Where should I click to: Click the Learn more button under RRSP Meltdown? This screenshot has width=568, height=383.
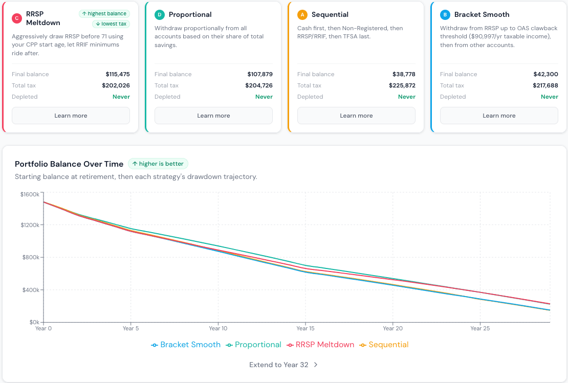tap(71, 116)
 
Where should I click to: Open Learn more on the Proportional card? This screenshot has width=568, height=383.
tap(213, 116)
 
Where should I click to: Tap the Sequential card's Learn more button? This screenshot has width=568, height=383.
tap(356, 116)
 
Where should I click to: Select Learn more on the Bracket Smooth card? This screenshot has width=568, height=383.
tap(499, 116)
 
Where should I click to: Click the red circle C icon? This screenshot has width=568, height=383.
tap(17, 18)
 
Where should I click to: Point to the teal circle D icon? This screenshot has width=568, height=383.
tap(159, 14)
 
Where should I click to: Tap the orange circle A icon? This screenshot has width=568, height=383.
tap(302, 14)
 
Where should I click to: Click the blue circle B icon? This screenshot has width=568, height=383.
tap(445, 14)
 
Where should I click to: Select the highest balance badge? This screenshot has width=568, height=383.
tap(104, 14)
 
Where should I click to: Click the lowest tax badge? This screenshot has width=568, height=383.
tap(111, 24)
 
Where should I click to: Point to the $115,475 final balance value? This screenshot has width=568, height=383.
tap(118, 74)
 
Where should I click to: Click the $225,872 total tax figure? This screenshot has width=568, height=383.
tap(402, 85)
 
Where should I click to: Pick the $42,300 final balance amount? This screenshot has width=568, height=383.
tap(545, 74)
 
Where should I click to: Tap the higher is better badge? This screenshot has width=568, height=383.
tap(158, 164)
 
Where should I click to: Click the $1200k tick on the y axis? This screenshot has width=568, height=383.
tap(30, 225)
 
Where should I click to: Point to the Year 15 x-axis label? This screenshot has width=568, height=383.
tap(305, 328)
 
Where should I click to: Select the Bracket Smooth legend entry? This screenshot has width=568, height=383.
tap(186, 345)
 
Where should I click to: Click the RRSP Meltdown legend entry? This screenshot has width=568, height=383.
tap(320, 345)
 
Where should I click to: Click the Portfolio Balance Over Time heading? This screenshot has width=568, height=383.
tap(69, 164)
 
